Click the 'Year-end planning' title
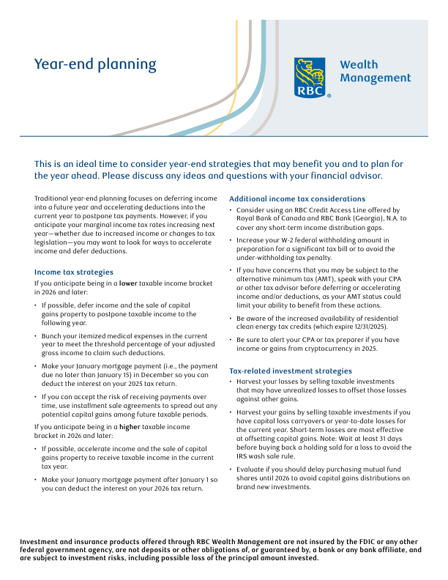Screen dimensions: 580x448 point(95,64)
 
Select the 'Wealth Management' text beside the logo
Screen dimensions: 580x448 point(375,71)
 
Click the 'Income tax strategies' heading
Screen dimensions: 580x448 point(74,271)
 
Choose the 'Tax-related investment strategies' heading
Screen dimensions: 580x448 point(291,371)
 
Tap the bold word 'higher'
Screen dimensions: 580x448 point(130,426)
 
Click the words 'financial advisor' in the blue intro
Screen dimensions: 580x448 point(343,176)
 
